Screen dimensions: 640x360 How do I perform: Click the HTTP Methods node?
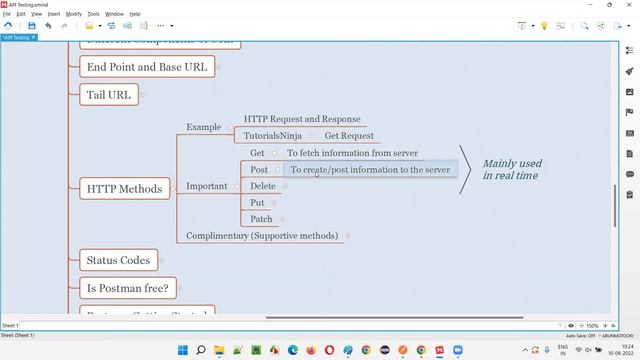[x=124, y=188]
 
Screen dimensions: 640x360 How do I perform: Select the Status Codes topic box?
[x=118, y=260]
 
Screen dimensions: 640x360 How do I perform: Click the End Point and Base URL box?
[x=147, y=67]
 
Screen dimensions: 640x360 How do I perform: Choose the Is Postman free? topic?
[x=127, y=289]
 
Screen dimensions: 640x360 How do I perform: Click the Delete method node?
[x=263, y=186]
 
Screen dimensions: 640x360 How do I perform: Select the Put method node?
[x=257, y=202]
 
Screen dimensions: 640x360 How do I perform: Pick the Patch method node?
[x=261, y=219]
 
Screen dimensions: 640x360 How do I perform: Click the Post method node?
[x=259, y=170]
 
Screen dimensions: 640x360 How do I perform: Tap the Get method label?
[x=257, y=153]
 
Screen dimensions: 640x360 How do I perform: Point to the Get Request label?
[x=349, y=136]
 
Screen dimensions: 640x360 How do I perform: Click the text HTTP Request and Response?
[x=302, y=119]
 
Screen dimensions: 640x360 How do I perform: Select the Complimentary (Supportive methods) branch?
[x=263, y=236]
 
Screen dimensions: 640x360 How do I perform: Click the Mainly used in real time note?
[x=512, y=169]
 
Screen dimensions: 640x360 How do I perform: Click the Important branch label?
[x=207, y=186]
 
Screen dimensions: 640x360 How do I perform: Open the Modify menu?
[x=74, y=14]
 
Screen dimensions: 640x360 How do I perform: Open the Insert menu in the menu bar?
[x=53, y=14]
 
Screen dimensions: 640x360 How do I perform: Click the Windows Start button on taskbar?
[x=183, y=350]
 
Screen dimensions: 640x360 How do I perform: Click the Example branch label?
[x=204, y=127]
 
